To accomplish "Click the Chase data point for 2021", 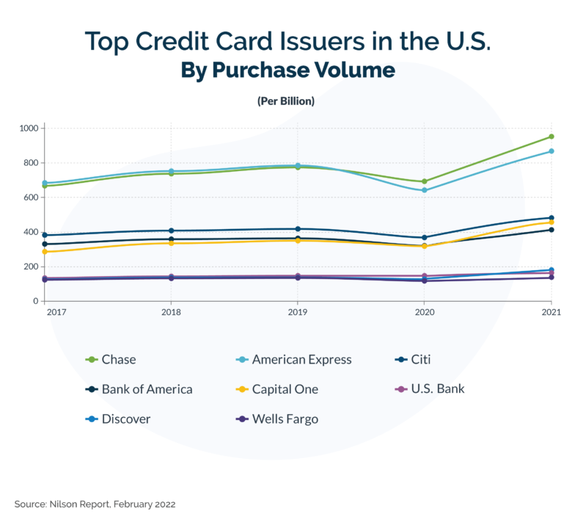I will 551,137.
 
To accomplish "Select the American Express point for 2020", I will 424,190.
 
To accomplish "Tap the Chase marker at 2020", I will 424,181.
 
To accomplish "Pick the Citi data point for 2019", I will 298,229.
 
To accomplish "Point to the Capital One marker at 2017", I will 45,252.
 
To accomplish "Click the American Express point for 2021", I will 551,151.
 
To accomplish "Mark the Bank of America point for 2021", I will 551,230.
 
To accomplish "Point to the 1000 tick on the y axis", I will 29,128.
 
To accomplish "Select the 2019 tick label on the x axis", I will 298,313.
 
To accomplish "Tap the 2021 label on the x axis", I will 551,313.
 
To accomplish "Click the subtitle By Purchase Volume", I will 286,70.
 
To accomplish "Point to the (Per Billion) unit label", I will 286,101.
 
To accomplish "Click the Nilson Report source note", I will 95,504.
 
